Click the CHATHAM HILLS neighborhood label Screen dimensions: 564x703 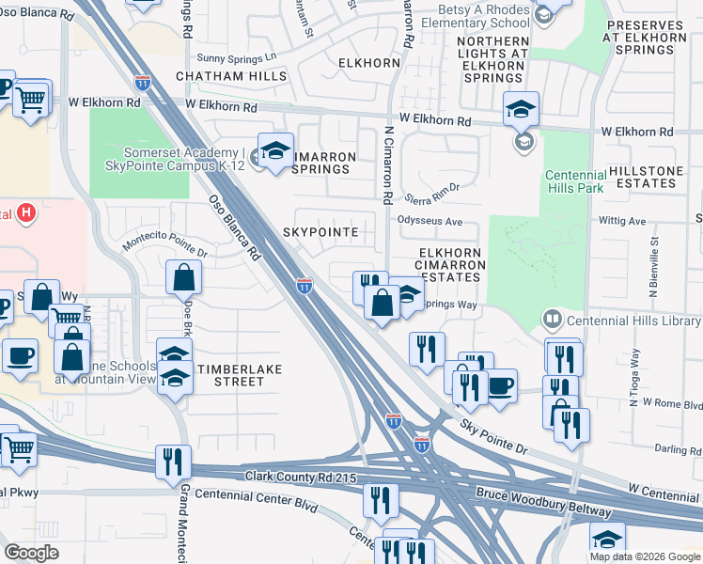pos(223,76)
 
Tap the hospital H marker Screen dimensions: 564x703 pos(27,213)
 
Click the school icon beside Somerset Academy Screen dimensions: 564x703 pos(275,151)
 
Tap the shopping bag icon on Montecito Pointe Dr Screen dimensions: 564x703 pos(183,277)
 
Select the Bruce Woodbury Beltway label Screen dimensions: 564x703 pos(544,503)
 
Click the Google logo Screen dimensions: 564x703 pos(33,553)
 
